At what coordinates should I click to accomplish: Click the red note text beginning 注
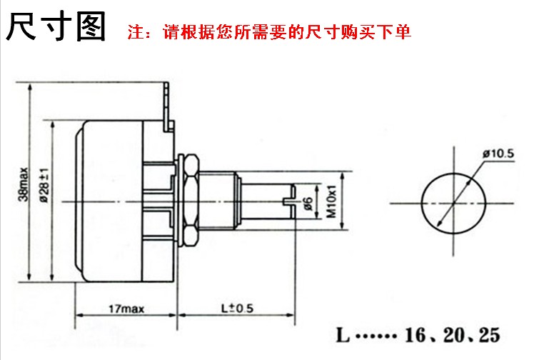pyautogui.click(x=268, y=33)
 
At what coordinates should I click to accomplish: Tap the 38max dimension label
pyautogui.click(x=24, y=183)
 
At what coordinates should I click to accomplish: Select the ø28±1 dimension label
pyautogui.click(x=44, y=183)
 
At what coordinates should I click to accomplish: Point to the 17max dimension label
pyautogui.click(x=126, y=309)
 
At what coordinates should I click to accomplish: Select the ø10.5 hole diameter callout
pyautogui.click(x=498, y=152)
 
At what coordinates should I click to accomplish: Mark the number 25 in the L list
pyautogui.click(x=488, y=335)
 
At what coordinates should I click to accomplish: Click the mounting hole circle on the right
pyautogui.click(x=453, y=201)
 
